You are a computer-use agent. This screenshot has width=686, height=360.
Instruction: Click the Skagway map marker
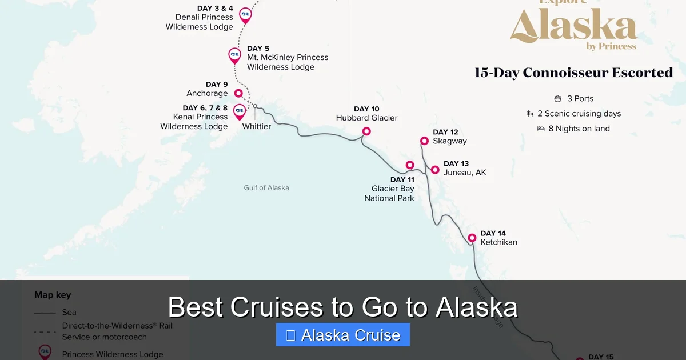coord(424,141)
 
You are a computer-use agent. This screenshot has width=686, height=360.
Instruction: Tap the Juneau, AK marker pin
coord(435,170)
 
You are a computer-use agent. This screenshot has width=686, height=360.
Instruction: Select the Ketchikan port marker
coord(472,238)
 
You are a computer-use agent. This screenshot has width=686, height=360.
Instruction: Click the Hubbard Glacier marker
coord(366,131)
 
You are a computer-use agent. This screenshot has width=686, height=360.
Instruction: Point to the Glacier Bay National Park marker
coord(410,165)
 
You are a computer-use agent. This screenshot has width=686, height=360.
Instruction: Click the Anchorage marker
coord(238,93)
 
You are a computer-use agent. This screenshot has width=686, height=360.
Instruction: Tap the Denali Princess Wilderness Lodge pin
coord(245,14)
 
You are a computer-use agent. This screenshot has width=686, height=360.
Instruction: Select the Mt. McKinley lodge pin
coord(234,55)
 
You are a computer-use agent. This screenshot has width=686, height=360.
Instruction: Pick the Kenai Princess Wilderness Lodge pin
coord(240,110)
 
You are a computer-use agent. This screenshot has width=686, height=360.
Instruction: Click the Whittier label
coord(257,126)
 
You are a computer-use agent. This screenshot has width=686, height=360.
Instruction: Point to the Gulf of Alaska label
coord(266,187)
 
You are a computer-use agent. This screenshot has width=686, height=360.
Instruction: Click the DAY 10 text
coord(366,109)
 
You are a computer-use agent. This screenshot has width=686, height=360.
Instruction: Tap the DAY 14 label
coord(493,233)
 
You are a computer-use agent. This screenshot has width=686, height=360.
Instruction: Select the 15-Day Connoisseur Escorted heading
coord(573,73)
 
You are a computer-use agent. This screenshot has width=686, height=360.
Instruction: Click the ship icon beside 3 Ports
coord(557,99)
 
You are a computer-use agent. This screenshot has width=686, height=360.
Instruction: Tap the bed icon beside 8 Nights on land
coord(541,129)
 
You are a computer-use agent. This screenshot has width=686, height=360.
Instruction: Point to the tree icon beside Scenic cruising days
coord(530,114)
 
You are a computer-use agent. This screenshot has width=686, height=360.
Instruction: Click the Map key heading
coord(53,295)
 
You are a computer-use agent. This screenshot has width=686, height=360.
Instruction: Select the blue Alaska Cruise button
coord(343,335)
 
